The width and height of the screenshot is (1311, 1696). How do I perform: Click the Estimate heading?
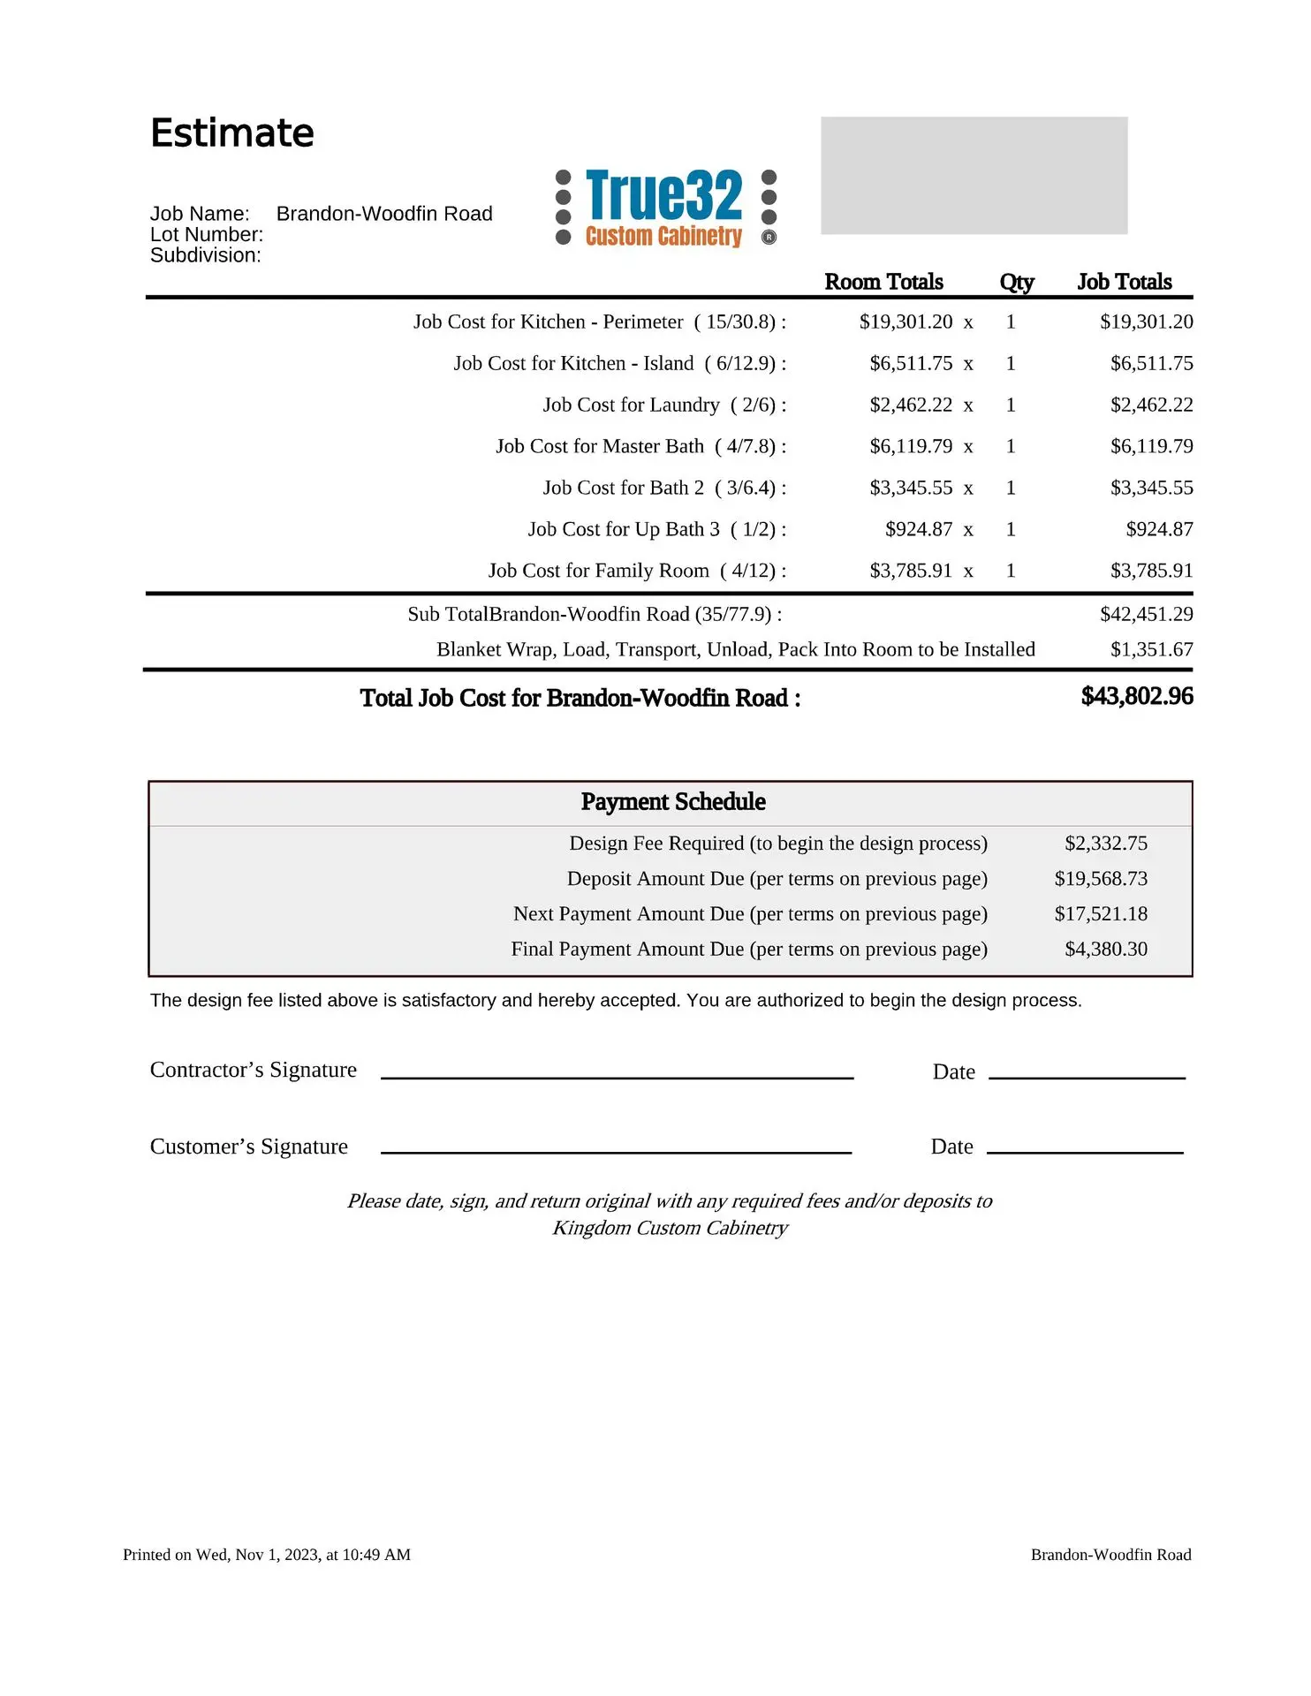pyautogui.click(x=232, y=133)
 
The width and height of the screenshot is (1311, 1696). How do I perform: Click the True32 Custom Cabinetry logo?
pyautogui.click(x=665, y=208)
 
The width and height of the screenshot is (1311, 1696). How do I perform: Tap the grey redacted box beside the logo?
pyautogui.click(x=974, y=175)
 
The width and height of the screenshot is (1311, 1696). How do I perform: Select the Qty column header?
pyautogui.click(x=1016, y=282)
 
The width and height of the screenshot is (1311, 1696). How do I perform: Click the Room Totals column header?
pyautogui.click(x=883, y=282)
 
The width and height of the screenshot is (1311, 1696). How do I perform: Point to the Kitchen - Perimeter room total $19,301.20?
pyautogui.click(x=906, y=322)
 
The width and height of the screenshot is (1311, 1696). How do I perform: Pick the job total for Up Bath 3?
pyautogui.click(x=1159, y=529)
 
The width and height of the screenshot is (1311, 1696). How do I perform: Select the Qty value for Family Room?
pyautogui.click(x=1011, y=571)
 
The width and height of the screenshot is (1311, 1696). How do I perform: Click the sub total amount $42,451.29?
pyautogui.click(x=1146, y=614)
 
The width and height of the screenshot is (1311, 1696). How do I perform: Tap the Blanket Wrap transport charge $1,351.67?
pyautogui.click(x=1151, y=649)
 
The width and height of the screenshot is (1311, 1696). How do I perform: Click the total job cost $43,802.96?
pyautogui.click(x=1137, y=696)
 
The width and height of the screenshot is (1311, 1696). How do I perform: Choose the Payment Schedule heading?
pyautogui.click(x=673, y=801)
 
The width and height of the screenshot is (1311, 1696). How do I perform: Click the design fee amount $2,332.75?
pyautogui.click(x=1105, y=844)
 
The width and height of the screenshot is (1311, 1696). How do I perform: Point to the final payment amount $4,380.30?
pyautogui.click(x=1105, y=949)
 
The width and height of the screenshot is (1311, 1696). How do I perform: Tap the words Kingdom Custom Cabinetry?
pyautogui.click(x=670, y=1228)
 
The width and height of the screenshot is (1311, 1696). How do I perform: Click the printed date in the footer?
pyautogui.click(x=267, y=1555)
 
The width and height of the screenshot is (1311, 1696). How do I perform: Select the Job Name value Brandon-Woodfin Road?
pyautogui.click(x=384, y=214)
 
